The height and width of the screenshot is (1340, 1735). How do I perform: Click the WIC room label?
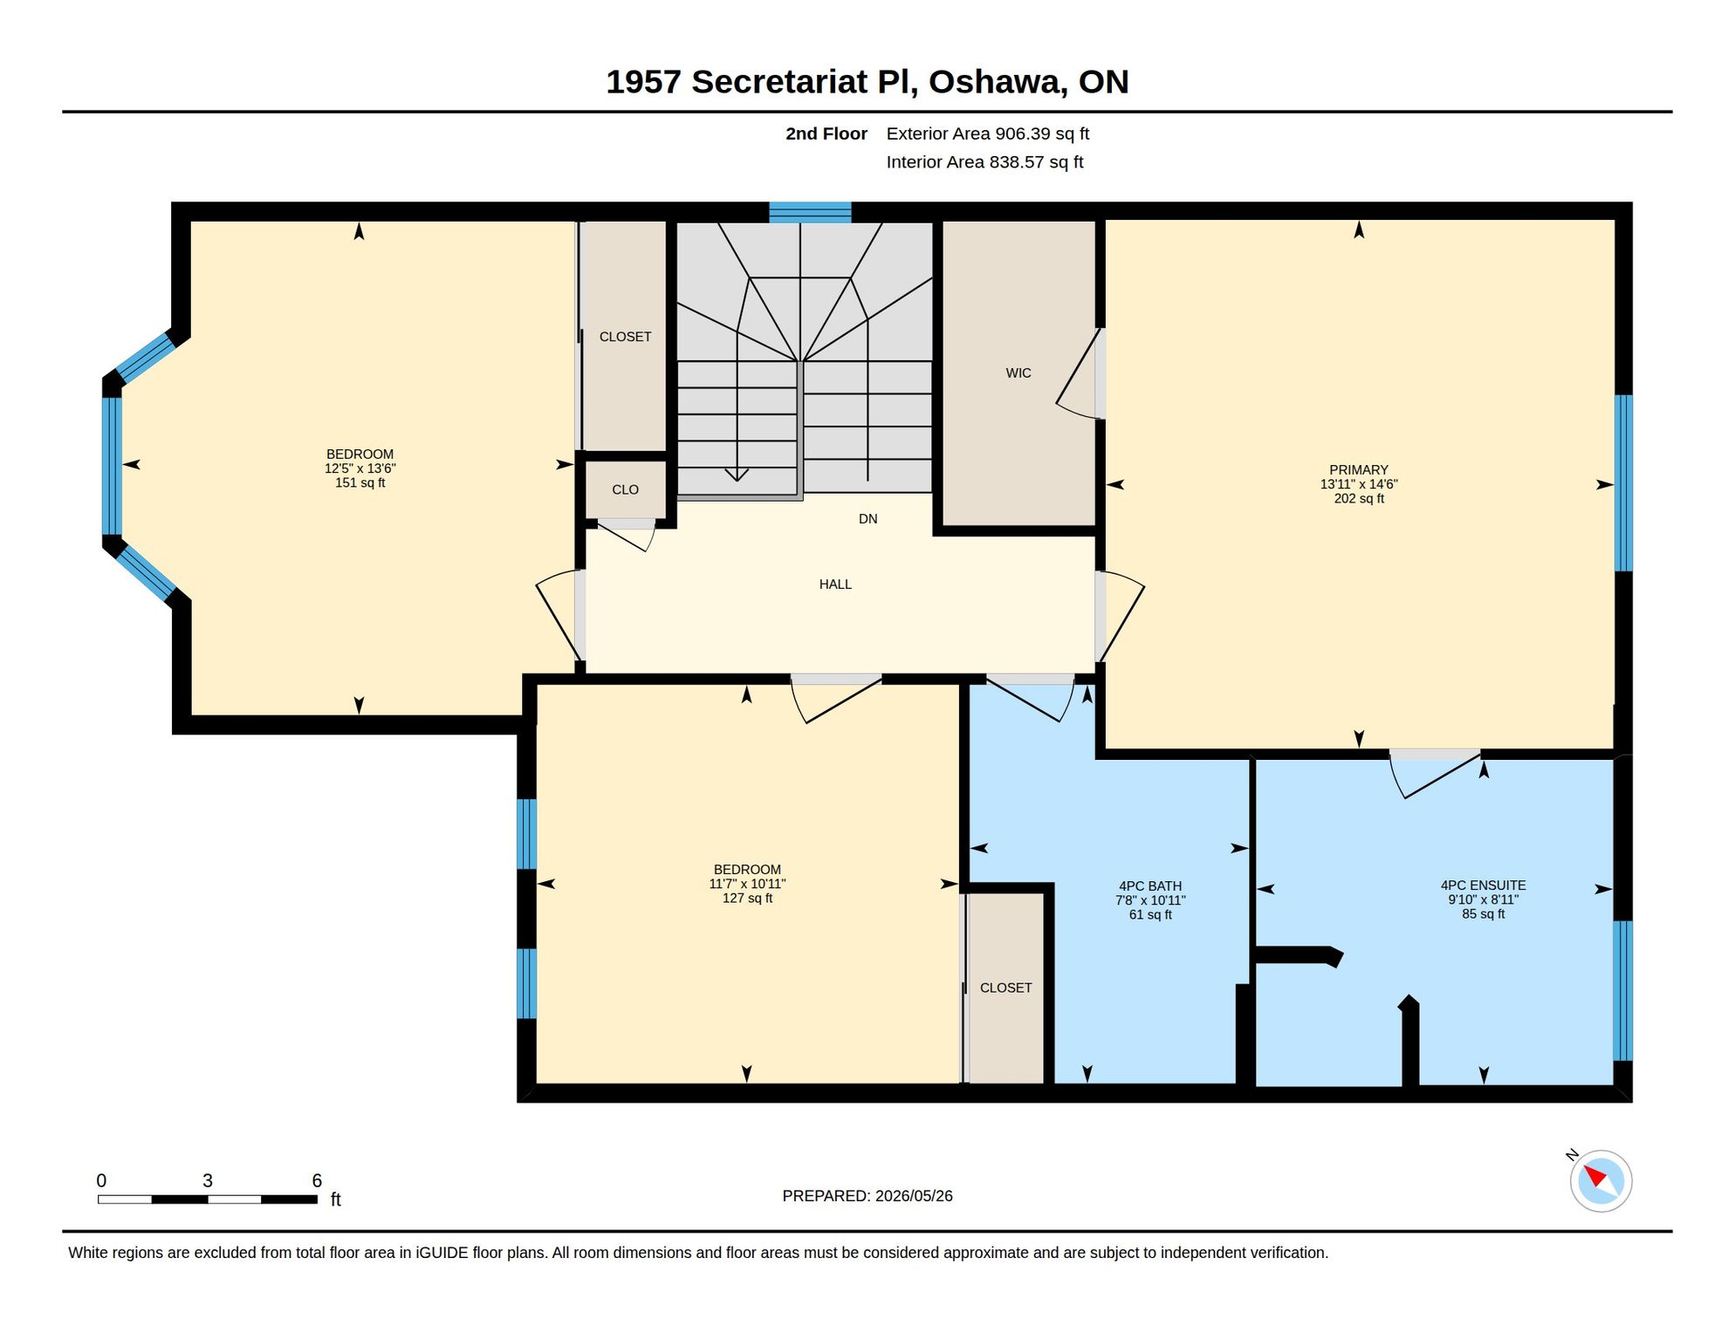coord(1018,373)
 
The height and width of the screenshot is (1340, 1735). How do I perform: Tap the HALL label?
coord(834,584)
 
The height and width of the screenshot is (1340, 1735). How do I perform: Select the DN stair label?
coord(867,518)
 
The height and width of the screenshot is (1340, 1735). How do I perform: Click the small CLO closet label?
coord(625,489)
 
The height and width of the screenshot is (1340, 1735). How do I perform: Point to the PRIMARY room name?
coord(1358,469)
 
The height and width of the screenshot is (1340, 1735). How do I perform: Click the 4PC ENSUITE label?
coord(1483,885)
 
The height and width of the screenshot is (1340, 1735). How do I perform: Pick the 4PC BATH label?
coord(1150,885)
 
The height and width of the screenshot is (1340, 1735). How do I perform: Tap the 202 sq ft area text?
coord(1359,498)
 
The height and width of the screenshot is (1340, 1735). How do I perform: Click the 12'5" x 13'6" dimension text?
coord(360,468)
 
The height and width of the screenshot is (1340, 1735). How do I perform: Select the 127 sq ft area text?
coord(747,898)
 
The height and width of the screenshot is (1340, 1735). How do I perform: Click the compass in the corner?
coord(1601,1180)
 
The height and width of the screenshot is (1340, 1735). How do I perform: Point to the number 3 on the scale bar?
coord(208,1180)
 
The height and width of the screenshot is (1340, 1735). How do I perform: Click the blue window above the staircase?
coord(810,212)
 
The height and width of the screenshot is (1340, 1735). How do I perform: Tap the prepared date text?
coord(867,1195)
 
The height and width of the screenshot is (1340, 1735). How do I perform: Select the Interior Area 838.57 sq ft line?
coord(984,162)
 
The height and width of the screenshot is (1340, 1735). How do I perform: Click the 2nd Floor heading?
coord(826,133)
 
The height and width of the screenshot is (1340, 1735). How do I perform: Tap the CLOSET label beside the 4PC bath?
coord(1005,988)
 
